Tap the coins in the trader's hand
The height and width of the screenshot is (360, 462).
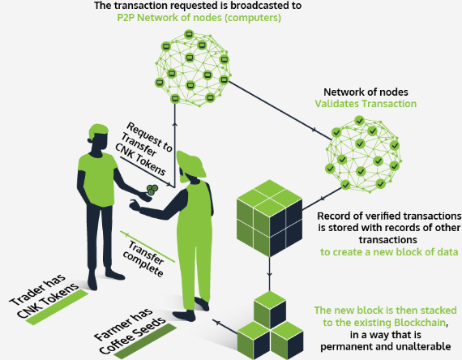coord(152,190)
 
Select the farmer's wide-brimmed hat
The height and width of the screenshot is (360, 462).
coord(190,165)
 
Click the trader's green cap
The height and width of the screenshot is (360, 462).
coord(98,131)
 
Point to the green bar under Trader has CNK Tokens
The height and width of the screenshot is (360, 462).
coord(58,307)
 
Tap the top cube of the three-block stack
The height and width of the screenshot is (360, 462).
coord(270,309)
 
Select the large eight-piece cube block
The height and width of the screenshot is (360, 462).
coord(270,218)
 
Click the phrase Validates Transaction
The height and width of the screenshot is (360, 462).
coord(366,104)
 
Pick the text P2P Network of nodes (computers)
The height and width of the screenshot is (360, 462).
coord(199,18)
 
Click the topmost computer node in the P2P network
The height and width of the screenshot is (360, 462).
coord(189,34)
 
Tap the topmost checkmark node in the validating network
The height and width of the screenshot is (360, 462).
coord(359,120)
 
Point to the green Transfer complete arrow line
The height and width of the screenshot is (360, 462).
coord(148,246)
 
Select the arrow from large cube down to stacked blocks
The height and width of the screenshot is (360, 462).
coord(269,274)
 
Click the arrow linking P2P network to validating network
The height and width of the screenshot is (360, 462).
coord(280,109)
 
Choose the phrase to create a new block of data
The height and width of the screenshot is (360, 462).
coord(389,252)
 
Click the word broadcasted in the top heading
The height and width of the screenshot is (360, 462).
coord(246,6)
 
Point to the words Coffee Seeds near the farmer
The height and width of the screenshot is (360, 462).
coord(133,336)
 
